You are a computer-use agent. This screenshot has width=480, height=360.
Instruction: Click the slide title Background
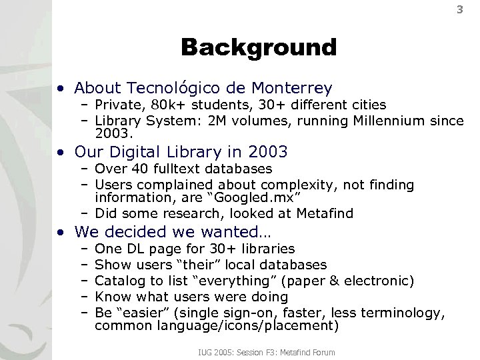click(259, 48)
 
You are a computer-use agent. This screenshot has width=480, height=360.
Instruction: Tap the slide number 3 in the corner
click(459, 9)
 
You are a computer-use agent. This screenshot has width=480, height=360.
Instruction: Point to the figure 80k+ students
click(160, 104)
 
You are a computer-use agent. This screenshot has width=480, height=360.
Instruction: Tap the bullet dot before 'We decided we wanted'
click(61, 233)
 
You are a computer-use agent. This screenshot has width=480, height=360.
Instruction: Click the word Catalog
click(117, 280)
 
